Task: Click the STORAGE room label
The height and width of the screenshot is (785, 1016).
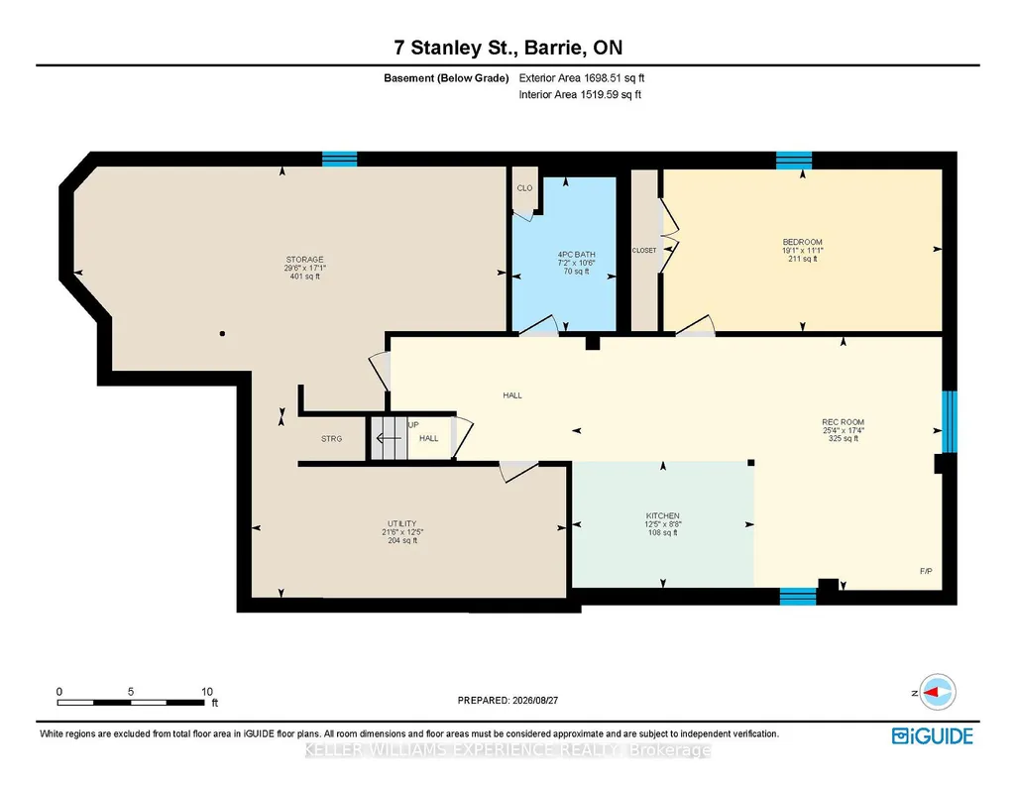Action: [304, 260]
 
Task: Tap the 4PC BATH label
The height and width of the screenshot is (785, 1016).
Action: [576, 255]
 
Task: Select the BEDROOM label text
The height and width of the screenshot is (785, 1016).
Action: [802, 242]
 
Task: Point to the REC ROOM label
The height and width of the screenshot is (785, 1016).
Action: [843, 422]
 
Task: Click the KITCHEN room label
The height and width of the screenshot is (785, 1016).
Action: [662, 516]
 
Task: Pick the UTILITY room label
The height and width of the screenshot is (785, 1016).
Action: [401, 524]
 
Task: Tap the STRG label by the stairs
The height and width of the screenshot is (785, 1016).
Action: [331, 439]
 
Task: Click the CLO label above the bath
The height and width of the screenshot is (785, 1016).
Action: [524, 188]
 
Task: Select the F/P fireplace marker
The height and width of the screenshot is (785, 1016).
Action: [926, 571]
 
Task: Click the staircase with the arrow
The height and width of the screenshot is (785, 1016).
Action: [389, 438]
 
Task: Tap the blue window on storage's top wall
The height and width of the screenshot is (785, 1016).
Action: [340, 159]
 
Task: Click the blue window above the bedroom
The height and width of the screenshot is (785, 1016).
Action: [794, 160]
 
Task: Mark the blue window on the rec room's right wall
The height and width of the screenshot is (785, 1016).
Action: [950, 421]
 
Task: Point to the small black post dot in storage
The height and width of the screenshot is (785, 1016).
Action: [222, 334]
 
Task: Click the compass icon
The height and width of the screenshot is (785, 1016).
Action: [938, 692]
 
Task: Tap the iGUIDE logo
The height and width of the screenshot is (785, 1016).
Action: [933, 736]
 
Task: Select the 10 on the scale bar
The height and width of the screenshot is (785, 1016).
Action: [207, 692]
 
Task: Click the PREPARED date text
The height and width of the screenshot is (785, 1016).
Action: [508, 700]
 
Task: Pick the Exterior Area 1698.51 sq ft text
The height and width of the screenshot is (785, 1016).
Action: [581, 78]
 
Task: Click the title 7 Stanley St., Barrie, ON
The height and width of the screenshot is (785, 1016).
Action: [508, 48]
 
